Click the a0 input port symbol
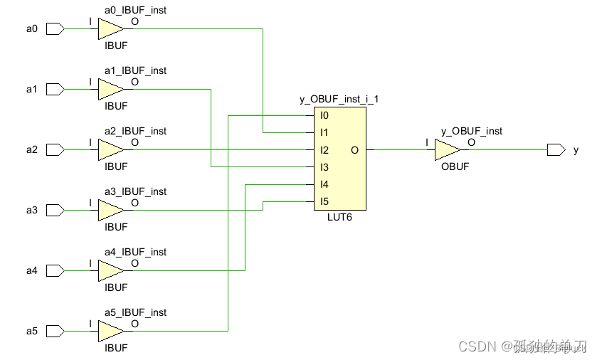pos(55,29)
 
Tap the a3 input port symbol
pos(55,211)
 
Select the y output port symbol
pos(556,150)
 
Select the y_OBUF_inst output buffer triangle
pos(447,150)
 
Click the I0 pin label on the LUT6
pos(324,115)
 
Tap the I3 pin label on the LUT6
pos(324,168)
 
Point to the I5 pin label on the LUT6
pos(324,202)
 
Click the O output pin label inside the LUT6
pos(354,150)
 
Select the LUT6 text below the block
pos(338,217)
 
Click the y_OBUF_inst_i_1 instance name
pos(339,99)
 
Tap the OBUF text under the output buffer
pos(455,166)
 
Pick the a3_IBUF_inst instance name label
pos(135,191)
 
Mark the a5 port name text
pos(31,332)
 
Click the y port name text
pos(576,150)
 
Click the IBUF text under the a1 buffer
pos(116,106)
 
